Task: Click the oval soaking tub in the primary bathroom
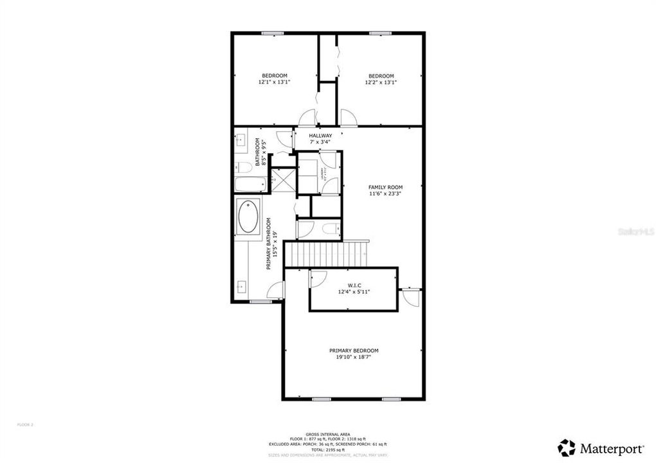(x=248, y=218)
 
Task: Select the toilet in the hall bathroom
(x=243, y=168)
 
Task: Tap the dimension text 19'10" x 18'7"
(x=354, y=357)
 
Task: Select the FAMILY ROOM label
(x=385, y=187)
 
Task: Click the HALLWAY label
(x=320, y=136)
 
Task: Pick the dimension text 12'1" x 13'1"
(x=274, y=82)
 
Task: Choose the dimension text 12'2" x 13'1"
(x=380, y=82)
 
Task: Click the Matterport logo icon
(x=567, y=448)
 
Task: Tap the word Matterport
(x=612, y=448)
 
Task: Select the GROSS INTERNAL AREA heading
(x=328, y=433)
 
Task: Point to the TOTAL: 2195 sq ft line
(x=328, y=449)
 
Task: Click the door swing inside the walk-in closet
(x=317, y=278)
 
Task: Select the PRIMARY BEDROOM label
(x=354, y=350)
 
